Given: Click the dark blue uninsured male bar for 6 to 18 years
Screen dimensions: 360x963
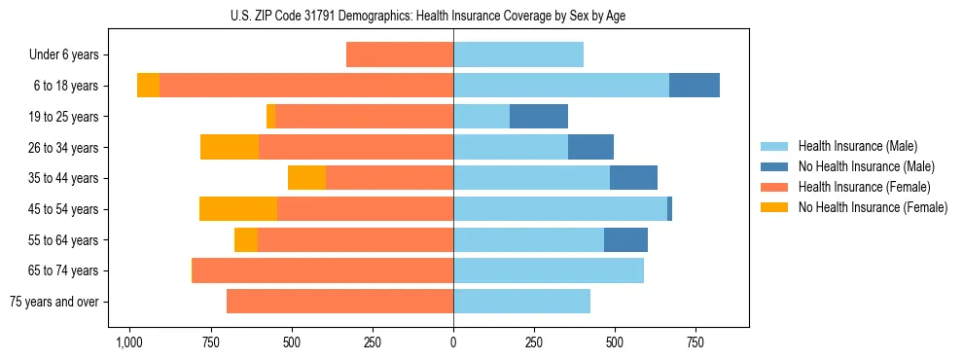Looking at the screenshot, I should pos(695,86).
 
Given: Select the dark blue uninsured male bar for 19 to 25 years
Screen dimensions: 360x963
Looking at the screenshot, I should pos(539,117).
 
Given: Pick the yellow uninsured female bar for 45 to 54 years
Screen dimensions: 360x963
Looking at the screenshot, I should pos(238,209).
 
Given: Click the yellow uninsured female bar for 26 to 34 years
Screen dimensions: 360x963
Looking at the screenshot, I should pos(230,147).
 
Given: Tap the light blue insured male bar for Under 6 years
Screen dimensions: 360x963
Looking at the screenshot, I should pos(518,55).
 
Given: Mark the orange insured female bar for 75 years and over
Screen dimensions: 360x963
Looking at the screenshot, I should pos(340,302).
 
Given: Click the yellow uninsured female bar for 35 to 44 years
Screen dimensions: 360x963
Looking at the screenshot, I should pos(306,178).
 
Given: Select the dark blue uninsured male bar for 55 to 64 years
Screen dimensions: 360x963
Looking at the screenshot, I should pos(625,240).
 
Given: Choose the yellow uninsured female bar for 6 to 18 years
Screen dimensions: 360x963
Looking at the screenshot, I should pos(148,86).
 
